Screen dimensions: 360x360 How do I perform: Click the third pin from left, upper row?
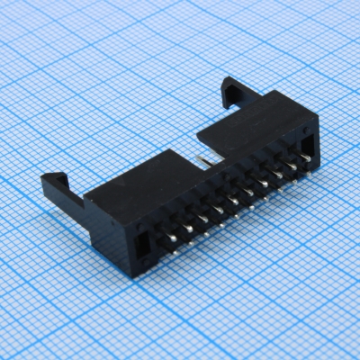[203, 205]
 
